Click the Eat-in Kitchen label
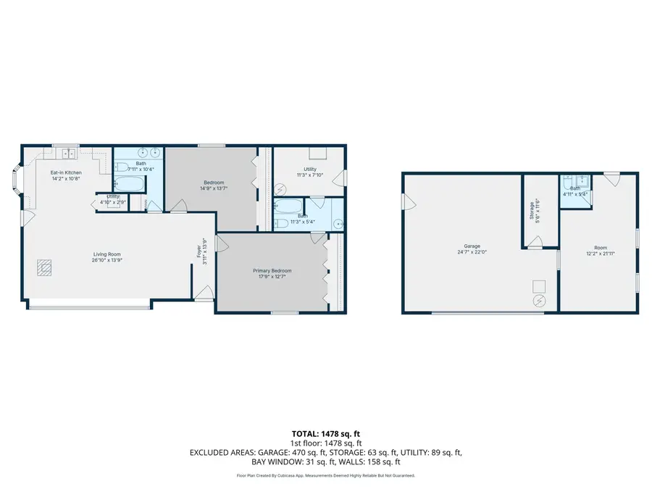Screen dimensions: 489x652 click(65, 172)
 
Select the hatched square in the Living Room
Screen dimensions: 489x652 click(44, 268)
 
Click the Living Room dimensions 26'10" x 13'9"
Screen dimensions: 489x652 click(106, 260)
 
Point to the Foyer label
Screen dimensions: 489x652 click(198, 251)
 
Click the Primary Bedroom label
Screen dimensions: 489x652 click(272, 271)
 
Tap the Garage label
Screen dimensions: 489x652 click(472, 246)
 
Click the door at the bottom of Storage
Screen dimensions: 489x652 click(535, 246)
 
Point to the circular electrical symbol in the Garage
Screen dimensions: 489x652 click(539, 300)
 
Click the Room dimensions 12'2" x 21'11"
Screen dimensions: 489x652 click(600, 253)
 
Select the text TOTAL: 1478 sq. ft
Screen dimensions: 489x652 click(325, 435)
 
